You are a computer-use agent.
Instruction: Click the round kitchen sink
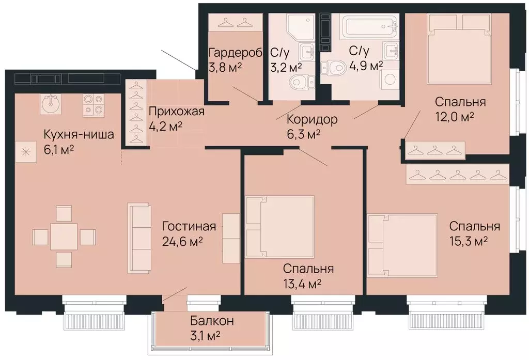[x=50, y=103]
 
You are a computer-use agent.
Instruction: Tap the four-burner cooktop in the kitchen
[x=94, y=103]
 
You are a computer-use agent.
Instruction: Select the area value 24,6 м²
[x=182, y=241]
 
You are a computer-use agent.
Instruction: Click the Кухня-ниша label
[x=79, y=134]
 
